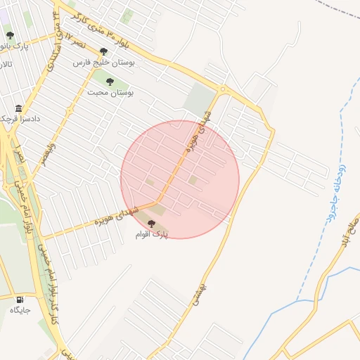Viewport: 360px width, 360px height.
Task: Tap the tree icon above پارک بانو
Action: pos(10,35)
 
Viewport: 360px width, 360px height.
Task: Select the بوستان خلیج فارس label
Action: pos(102,62)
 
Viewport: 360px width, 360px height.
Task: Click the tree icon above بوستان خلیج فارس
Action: pos(104,51)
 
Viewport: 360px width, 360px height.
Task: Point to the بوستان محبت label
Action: pos(110,92)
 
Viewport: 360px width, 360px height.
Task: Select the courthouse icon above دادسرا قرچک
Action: pos(18,108)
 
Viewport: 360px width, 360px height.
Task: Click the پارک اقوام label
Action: pos(153,233)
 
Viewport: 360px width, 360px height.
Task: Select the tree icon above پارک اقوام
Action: pos(151,223)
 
